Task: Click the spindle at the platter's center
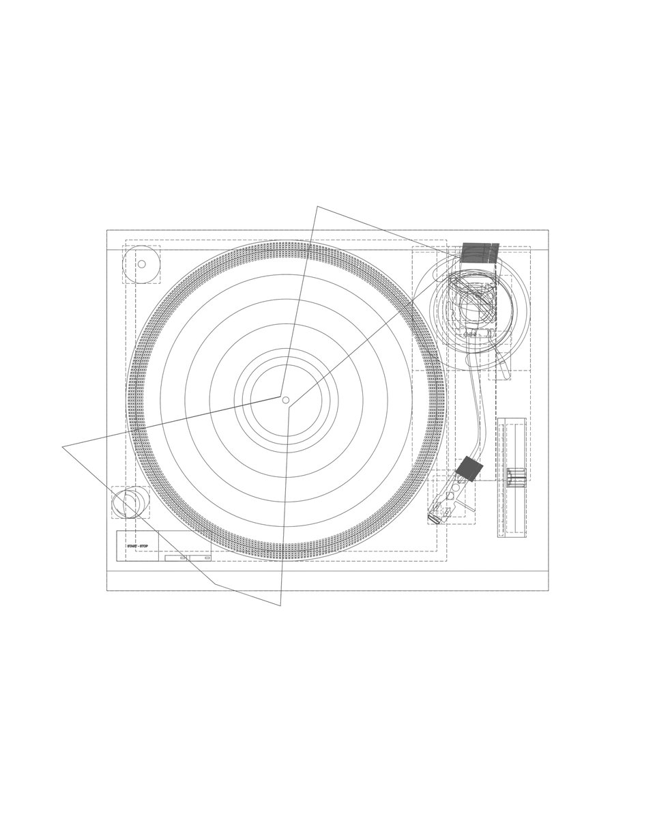tap(286, 400)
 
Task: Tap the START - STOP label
tap(138, 546)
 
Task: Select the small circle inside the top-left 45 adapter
tap(142, 264)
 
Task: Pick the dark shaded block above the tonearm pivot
tap(480, 253)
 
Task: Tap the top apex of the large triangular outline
tap(317, 207)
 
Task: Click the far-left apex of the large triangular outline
tap(62, 446)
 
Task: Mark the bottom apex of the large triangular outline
tap(280, 605)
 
